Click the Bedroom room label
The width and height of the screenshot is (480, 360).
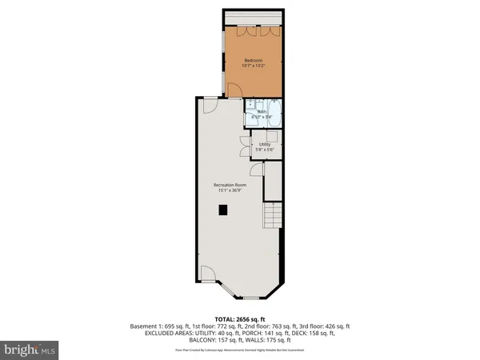point(254,59)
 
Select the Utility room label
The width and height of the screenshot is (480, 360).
point(264,144)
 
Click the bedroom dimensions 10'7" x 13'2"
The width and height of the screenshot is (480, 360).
point(254,66)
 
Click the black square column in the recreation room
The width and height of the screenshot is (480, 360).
point(224,210)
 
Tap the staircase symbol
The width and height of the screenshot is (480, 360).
point(274,214)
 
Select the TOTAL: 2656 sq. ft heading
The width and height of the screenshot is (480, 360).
point(239,318)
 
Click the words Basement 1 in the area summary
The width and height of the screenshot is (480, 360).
point(145,326)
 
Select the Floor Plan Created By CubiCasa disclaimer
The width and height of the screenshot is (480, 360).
point(240,350)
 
